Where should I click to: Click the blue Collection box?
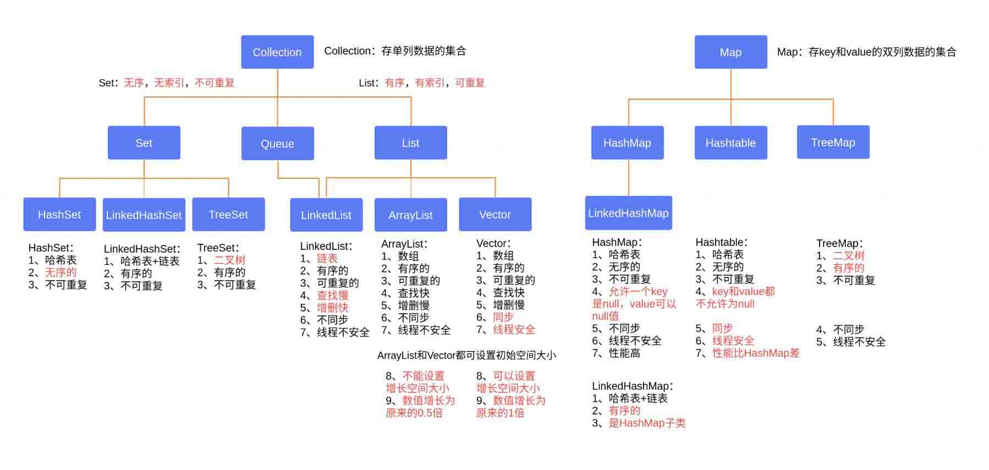277,52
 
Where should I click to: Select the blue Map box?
730,52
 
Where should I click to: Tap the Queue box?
277,143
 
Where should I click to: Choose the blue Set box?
144,143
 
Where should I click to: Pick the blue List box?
410,143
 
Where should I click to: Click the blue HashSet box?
59,214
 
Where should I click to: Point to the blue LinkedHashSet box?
144,215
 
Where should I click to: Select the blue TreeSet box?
228,214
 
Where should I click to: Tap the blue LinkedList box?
326,215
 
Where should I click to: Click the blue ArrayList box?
410,215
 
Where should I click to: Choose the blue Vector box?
495,214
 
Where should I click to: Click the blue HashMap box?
627,143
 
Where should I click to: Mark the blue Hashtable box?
730,143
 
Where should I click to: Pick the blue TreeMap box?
833,142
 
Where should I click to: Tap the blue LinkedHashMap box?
628,212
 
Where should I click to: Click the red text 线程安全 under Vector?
514,330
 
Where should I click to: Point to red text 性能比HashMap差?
756,353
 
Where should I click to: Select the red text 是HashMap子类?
647,423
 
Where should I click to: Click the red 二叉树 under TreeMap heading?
849,255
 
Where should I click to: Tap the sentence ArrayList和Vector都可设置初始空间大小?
466,355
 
